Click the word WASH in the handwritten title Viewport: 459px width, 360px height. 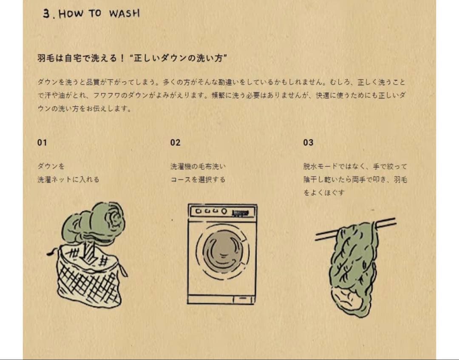pos(125,14)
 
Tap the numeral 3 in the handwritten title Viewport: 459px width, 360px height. pos(47,14)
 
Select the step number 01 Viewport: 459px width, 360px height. pos(42,142)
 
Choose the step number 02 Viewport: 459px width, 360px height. pos(176,142)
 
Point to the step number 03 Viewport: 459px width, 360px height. pos(308,142)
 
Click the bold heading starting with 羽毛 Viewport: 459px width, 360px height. pos(132,58)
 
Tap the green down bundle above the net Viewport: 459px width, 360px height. pos(94,222)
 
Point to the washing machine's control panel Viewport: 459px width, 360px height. pos(222,211)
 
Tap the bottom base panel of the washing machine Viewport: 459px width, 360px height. pos(221,299)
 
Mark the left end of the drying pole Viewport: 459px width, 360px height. pos(315,237)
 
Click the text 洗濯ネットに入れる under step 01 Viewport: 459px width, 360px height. pos(68,179)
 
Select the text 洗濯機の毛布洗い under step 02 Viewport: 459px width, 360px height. pos(198,167)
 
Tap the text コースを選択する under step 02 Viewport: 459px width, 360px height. pos(198,179)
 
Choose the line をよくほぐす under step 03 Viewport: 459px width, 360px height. pos(324,193)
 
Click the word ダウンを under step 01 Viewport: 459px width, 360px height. pos(51,167)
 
